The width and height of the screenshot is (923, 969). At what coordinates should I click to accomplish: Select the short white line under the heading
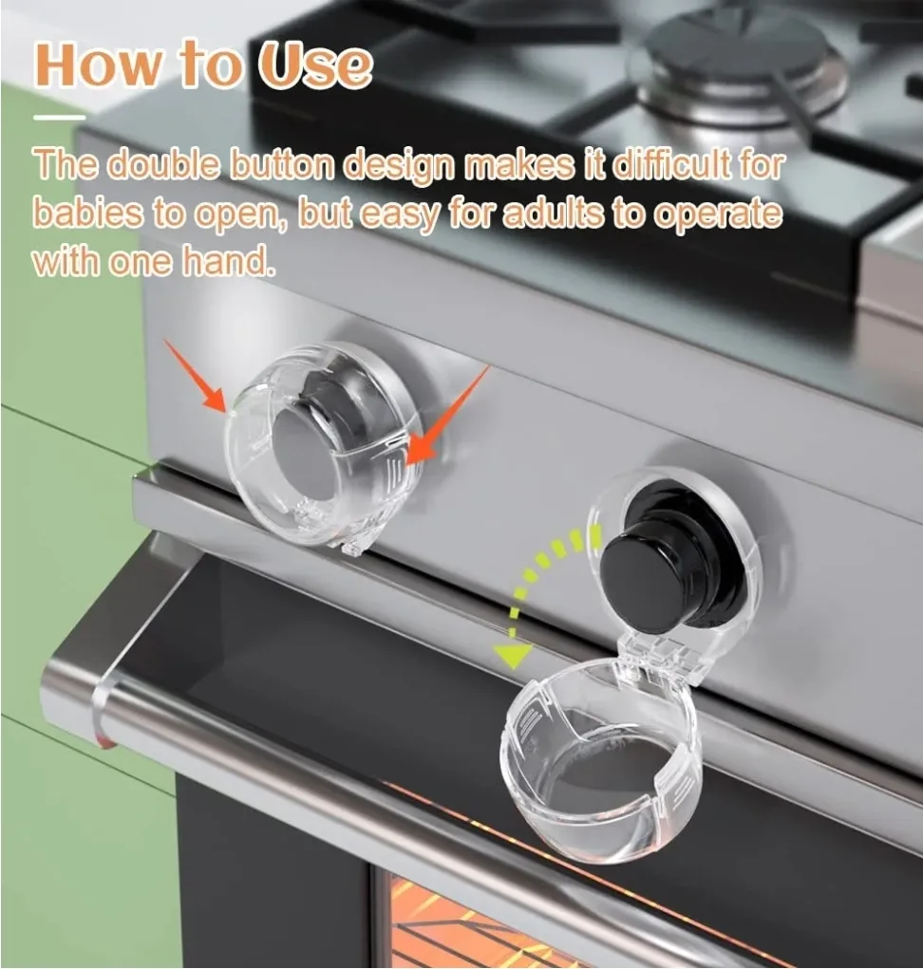pos(59,118)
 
